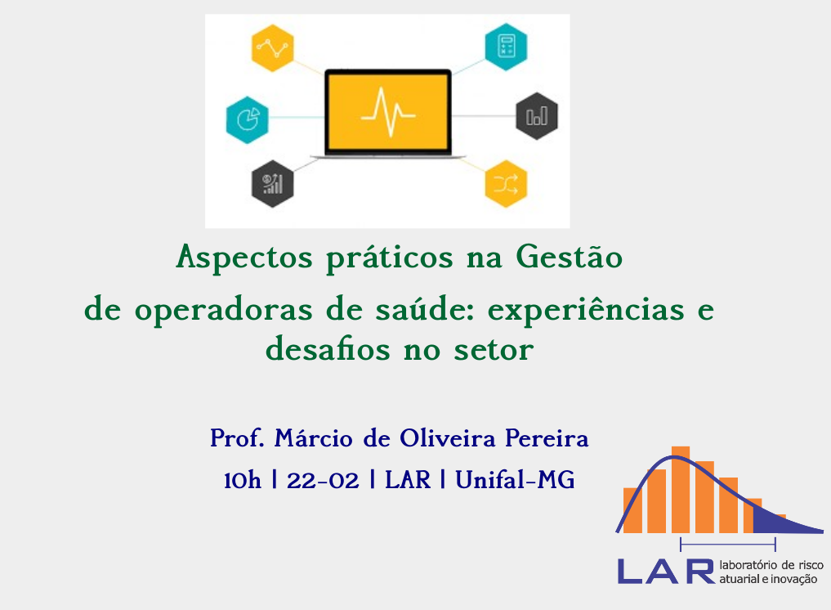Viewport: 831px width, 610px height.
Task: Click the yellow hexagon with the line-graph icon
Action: pyautogui.click(x=272, y=48)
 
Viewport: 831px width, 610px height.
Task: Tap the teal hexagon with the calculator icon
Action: pyautogui.click(x=506, y=47)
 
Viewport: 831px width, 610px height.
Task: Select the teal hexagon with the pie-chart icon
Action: pyautogui.click(x=247, y=120)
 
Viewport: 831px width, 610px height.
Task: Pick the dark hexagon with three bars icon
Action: pyautogui.click(x=537, y=116)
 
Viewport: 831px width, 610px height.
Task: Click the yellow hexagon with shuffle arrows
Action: pyautogui.click(x=506, y=183)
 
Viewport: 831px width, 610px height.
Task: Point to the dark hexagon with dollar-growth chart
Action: pyautogui.click(x=272, y=183)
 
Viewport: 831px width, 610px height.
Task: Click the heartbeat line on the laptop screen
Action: pyautogui.click(x=388, y=113)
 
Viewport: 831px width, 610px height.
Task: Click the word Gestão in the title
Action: pyautogui.click(x=570, y=258)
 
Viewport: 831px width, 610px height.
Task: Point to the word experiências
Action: pyautogui.click(x=586, y=310)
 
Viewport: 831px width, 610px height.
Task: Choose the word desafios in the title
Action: pyautogui.click(x=328, y=349)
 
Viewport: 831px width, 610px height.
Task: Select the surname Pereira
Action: pyautogui.click(x=547, y=438)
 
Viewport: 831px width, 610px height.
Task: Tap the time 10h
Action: pyautogui.click(x=242, y=481)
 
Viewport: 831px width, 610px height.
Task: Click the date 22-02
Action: pyautogui.click(x=323, y=481)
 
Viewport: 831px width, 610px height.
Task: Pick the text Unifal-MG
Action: pyautogui.click(x=515, y=479)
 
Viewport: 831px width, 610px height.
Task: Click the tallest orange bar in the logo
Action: pyautogui.click(x=681, y=490)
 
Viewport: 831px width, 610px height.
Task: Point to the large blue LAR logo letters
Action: pyautogui.click(x=666, y=572)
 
